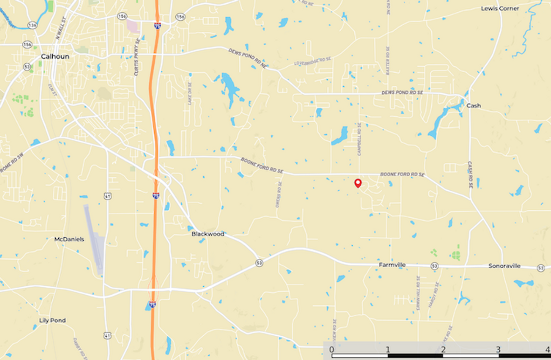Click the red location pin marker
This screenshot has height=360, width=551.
358,183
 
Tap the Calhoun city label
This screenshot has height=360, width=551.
55,56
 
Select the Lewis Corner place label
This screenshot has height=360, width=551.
500,8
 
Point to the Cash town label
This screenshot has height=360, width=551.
474,106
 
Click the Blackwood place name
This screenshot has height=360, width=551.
208,234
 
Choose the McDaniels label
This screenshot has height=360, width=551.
69,239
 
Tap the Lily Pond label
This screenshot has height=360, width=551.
52,320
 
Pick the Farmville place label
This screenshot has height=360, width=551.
392,265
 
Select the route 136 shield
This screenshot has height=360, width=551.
32,25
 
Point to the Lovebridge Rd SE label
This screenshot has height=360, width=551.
312,61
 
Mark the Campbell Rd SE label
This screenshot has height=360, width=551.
359,139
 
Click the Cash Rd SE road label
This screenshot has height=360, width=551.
470,174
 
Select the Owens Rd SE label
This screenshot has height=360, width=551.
278,194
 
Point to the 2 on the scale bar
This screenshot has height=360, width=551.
443,350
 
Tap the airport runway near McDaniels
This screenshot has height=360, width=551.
93,238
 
